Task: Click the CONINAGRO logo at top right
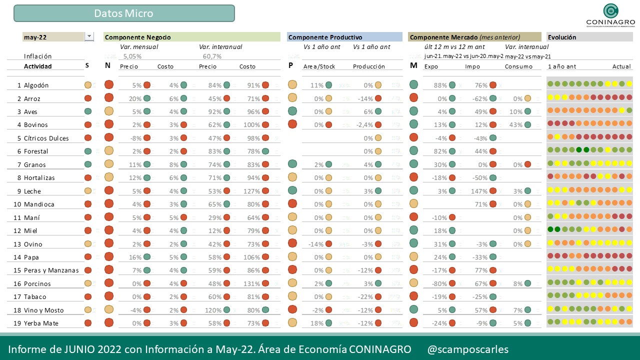tap(610, 15)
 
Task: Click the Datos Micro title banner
tap(124, 13)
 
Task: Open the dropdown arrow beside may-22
tap(89, 36)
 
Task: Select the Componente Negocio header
tap(138, 37)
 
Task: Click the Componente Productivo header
tap(325, 37)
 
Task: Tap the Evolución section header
tap(562, 37)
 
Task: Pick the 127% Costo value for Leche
tap(252, 191)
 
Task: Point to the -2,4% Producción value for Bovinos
tap(362, 125)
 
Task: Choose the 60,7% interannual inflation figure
tap(212, 56)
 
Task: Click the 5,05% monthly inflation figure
tap(132, 56)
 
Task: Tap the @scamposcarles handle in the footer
tap(468, 349)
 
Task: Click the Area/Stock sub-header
tap(319, 66)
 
